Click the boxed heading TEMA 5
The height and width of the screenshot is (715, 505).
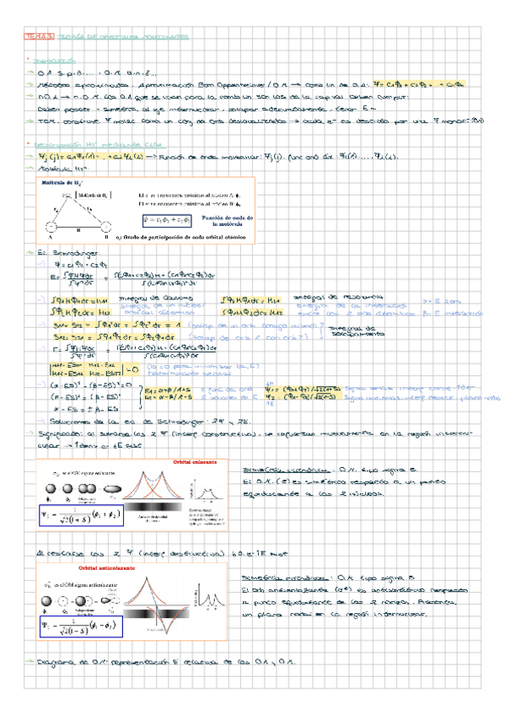pos(39,37)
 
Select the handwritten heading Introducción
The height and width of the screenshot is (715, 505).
pos(51,62)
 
